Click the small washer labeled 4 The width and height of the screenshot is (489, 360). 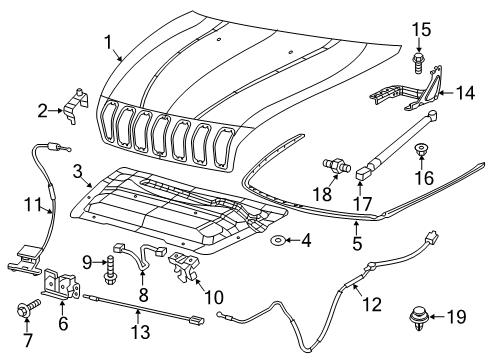(277, 240)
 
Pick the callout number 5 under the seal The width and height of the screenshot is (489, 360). (355, 241)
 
